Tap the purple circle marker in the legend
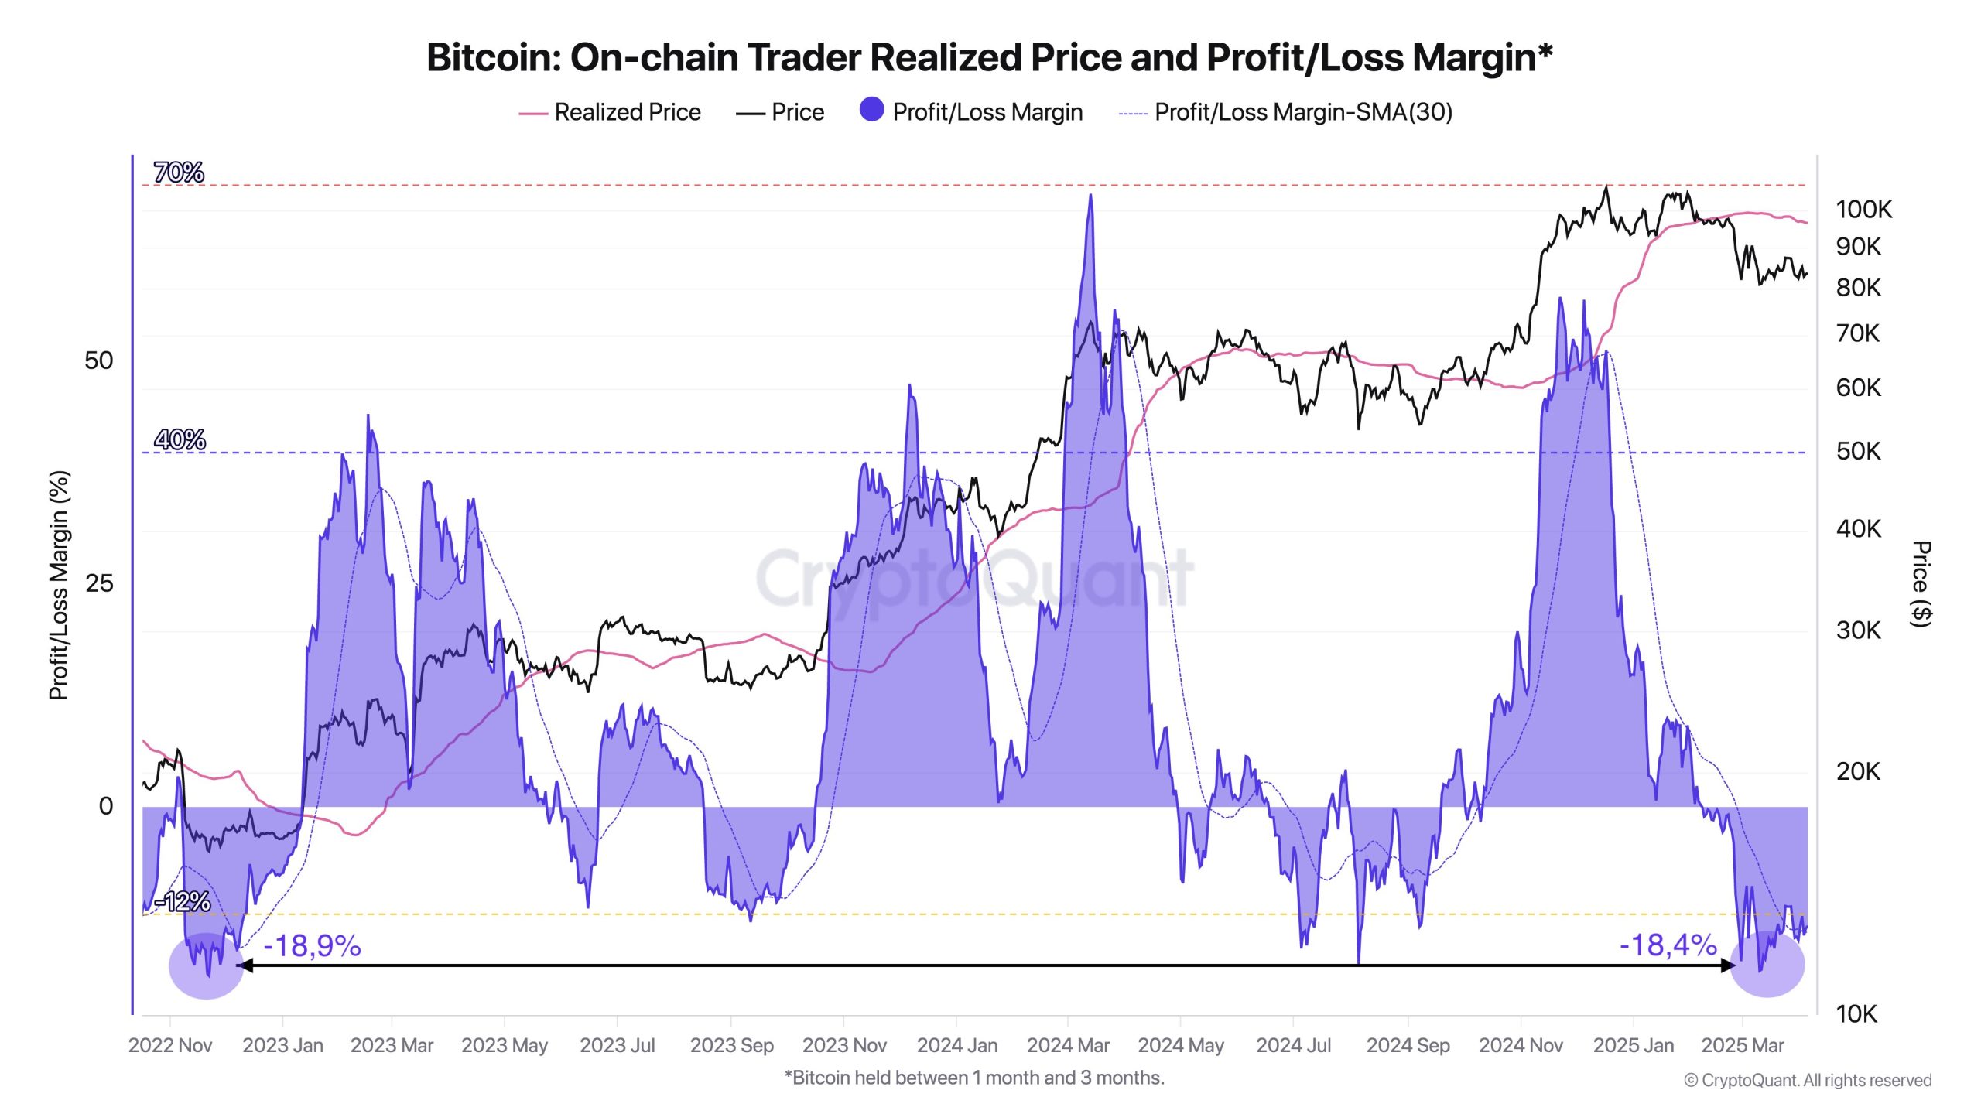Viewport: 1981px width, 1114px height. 871,110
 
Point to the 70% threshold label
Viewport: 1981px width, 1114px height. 179,172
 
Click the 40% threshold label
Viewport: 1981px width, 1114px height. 180,439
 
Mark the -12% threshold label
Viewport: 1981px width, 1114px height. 183,901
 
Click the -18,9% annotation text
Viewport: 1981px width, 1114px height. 312,945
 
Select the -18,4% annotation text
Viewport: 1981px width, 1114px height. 1668,945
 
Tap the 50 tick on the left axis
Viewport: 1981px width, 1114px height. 99,361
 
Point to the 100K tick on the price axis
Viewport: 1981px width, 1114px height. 1863,209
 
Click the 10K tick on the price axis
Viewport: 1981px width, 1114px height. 1856,1013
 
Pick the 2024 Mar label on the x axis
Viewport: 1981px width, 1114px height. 1068,1045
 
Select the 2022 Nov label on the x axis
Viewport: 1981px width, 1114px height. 170,1045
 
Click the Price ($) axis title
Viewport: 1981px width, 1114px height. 1921,583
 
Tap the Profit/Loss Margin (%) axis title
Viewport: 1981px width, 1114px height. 59,585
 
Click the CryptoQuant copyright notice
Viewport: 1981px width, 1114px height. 1808,1080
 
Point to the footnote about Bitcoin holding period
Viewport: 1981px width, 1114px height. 974,1078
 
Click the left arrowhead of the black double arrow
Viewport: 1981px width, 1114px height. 243,965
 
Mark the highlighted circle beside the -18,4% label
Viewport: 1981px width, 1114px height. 1767,965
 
